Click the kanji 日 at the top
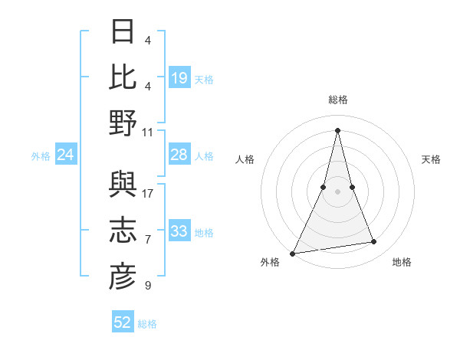point(123,32)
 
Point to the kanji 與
point(123,185)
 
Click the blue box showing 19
point(179,77)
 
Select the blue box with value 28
point(179,155)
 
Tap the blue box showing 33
point(179,231)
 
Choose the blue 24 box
point(66,155)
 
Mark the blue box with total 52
point(123,322)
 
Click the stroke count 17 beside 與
point(148,194)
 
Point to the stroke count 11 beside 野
point(148,132)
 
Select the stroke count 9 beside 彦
point(148,286)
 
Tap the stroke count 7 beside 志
point(148,240)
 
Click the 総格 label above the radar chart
point(337,100)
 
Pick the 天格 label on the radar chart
point(431,159)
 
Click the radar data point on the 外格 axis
point(293,253)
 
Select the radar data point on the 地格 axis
point(374,242)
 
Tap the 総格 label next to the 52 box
point(147,324)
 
